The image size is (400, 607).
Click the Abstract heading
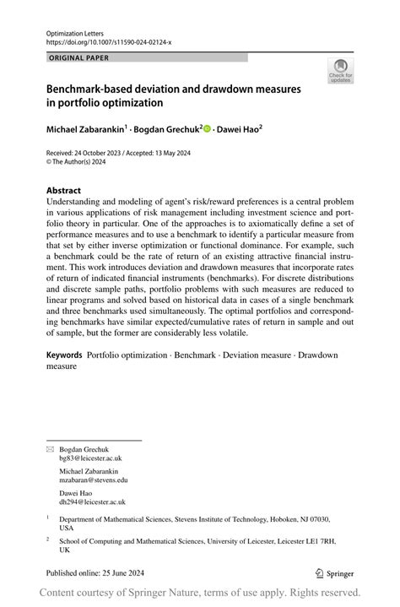tap(64, 191)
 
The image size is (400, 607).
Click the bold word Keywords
tap(64, 355)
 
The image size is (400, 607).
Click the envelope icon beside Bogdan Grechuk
tap(49, 449)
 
